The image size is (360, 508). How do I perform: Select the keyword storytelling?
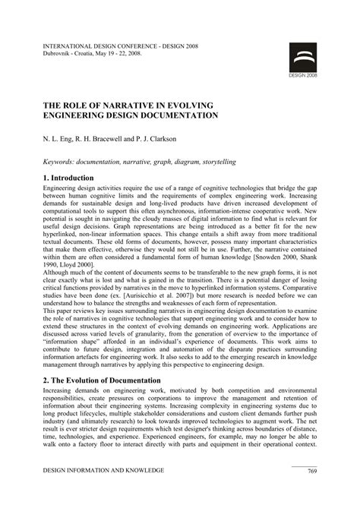pyautogui.click(x=216, y=161)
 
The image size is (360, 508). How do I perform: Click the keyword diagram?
pyautogui.click(x=171, y=161)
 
